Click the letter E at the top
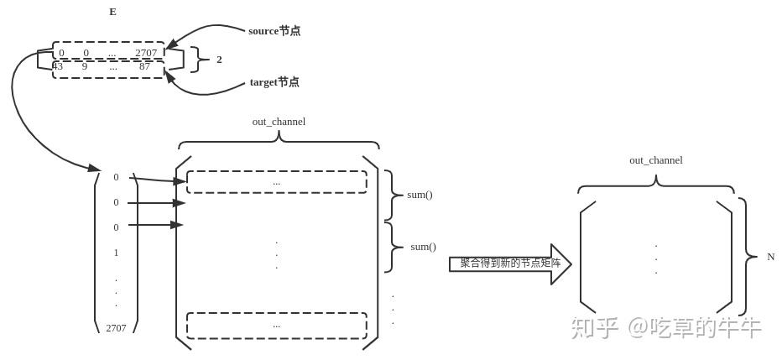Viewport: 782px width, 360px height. [x=112, y=12]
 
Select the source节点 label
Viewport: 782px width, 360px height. [x=274, y=31]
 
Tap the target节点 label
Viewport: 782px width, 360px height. [x=274, y=82]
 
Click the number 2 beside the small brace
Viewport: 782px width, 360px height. [x=219, y=60]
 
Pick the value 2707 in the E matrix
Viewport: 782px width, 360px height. [x=146, y=53]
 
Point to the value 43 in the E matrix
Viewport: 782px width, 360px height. [x=57, y=66]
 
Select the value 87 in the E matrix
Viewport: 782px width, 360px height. [x=144, y=66]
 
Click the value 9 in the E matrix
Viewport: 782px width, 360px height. [x=85, y=66]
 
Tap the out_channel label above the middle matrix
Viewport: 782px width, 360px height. [x=279, y=122]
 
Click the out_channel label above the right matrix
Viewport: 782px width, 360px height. [x=655, y=160]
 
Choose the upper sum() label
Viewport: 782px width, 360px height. [x=420, y=195]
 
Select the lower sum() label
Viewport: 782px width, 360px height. [x=423, y=247]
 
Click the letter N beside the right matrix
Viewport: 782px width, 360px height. [x=770, y=257]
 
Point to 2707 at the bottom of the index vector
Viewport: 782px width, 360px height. [x=116, y=328]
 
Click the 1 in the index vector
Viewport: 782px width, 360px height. [x=116, y=253]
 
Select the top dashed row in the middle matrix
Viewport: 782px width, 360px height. [x=276, y=182]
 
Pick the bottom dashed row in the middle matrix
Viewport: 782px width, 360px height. [x=276, y=325]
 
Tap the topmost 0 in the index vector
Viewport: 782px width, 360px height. [x=116, y=177]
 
